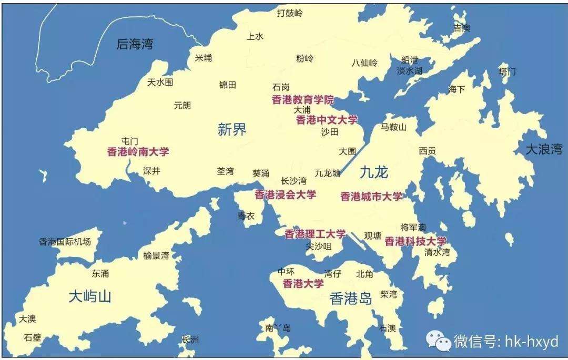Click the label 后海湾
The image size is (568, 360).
tap(135, 44)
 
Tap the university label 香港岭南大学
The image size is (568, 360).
tap(138, 152)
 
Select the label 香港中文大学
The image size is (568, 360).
tap(327, 120)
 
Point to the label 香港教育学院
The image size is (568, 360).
tap(302, 100)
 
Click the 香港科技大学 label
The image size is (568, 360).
tap(415, 241)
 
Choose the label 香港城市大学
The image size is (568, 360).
tap(371, 197)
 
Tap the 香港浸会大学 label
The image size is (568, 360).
tap(286, 194)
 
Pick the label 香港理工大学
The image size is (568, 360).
tap(315, 234)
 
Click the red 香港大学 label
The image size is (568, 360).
tap(303, 284)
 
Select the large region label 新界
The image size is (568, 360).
tap(232, 129)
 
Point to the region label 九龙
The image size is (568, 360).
tap(374, 171)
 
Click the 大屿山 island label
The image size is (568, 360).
tap(90, 296)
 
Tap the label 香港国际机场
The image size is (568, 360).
tap(65, 242)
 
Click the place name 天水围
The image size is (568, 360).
tap(160, 83)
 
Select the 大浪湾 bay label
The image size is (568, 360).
tap(544, 150)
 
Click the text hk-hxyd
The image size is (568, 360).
tap(531, 342)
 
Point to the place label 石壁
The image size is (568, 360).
tap(32, 337)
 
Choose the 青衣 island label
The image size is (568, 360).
tap(246, 215)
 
